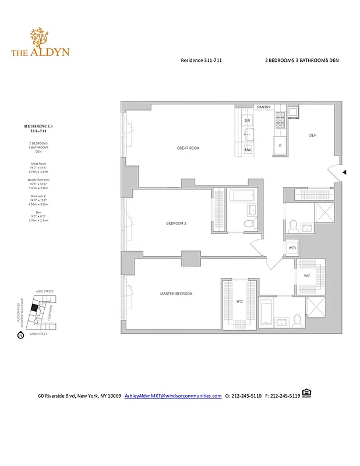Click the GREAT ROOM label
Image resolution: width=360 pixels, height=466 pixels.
(x=188, y=148)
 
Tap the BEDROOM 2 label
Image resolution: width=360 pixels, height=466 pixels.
(x=177, y=223)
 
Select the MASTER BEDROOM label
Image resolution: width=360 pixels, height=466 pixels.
(x=176, y=294)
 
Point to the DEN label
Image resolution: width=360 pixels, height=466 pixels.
(x=312, y=136)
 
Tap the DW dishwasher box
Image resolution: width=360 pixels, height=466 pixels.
(x=248, y=121)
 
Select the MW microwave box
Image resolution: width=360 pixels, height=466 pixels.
(x=248, y=150)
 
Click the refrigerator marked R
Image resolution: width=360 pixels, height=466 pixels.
(x=280, y=145)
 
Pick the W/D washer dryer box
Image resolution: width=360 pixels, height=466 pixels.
(x=292, y=248)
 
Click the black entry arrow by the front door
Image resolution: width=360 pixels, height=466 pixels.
(x=344, y=172)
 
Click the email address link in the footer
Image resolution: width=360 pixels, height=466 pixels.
(x=173, y=396)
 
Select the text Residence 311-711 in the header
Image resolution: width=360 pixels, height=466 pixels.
(x=201, y=60)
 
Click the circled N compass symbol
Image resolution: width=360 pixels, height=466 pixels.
(x=20, y=335)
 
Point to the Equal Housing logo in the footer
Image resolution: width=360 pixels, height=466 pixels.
(x=307, y=394)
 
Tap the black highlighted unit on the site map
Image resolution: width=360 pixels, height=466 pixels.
(x=34, y=307)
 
